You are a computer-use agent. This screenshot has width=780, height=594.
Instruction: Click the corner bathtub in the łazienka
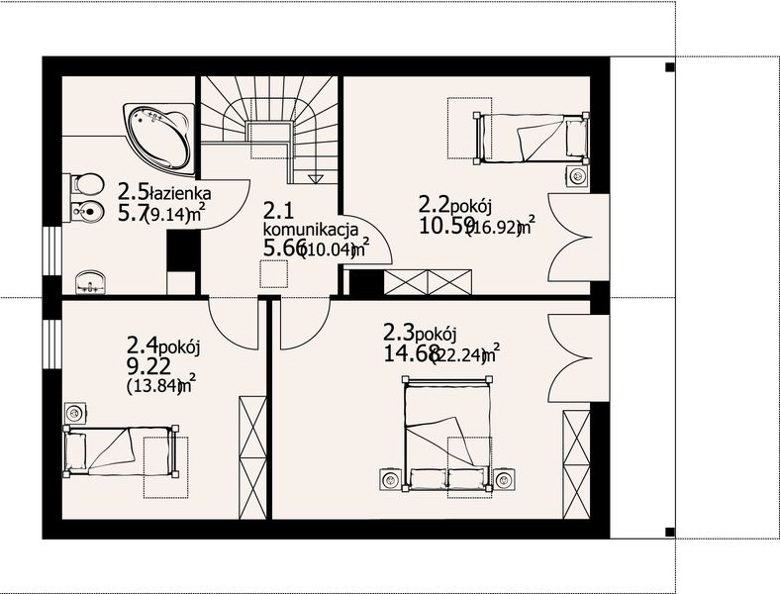point(158,134)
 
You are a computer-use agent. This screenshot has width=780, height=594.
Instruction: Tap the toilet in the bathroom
point(85,184)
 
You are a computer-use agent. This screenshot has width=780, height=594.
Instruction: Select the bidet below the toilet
point(85,210)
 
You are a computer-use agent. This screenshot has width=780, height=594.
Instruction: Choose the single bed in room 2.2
point(533,138)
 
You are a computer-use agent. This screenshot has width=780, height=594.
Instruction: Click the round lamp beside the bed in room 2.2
point(578,176)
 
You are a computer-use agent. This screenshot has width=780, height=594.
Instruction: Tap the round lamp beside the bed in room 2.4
point(74,412)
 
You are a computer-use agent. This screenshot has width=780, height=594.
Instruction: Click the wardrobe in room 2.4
point(252,457)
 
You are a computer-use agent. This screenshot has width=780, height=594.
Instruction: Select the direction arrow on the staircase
point(316,177)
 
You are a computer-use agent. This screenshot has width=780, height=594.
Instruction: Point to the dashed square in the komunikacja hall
point(274,274)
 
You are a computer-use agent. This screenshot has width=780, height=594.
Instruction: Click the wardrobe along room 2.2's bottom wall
point(427,281)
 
